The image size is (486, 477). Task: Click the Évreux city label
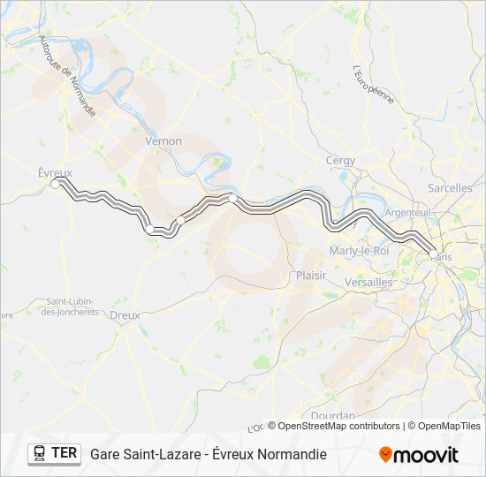click(x=55, y=172)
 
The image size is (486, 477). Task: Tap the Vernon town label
click(x=163, y=141)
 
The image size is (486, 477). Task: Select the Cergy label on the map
click(x=340, y=161)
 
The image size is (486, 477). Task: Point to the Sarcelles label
click(x=450, y=188)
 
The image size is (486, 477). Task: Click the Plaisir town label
click(x=310, y=276)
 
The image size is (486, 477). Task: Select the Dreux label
click(x=125, y=314)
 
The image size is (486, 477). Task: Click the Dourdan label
click(x=332, y=415)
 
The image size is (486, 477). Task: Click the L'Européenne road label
click(x=373, y=85)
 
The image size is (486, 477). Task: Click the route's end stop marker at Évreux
click(x=57, y=183)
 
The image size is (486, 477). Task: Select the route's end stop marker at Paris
click(x=430, y=252)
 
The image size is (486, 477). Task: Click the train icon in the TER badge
click(x=39, y=453)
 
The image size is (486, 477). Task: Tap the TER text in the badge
click(x=65, y=453)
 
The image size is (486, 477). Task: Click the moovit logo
click(x=419, y=454)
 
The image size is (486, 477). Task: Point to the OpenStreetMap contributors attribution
click(x=334, y=426)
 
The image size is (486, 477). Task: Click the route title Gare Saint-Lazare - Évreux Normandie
click(x=208, y=454)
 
